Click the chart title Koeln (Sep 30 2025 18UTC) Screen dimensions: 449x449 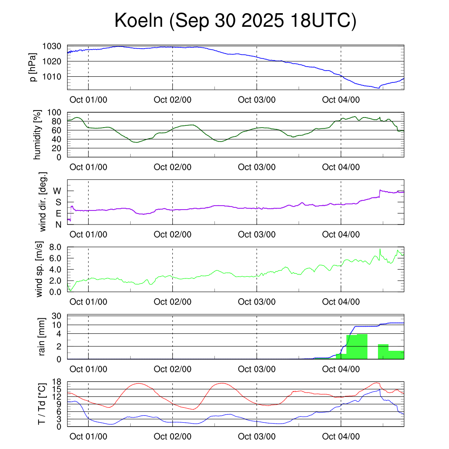[x=235, y=21]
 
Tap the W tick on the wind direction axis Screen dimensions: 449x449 [x=57, y=191]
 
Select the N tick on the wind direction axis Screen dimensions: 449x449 [x=58, y=225]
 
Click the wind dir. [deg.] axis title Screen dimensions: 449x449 [x=43, y=202]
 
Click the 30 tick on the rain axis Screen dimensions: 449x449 [x=56, y=316]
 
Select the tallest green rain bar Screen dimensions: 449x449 [x=362, y=346]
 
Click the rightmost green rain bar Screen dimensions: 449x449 [x=396, y=355]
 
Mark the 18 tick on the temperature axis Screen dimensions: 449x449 [x=56, y=381]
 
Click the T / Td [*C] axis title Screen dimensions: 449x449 [x=42, y=404]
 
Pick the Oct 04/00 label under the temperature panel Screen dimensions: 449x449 [x=341, y=437]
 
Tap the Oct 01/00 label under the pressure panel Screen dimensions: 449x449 [x=88, y=100]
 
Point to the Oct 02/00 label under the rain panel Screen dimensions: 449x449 [x=172, y=370]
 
